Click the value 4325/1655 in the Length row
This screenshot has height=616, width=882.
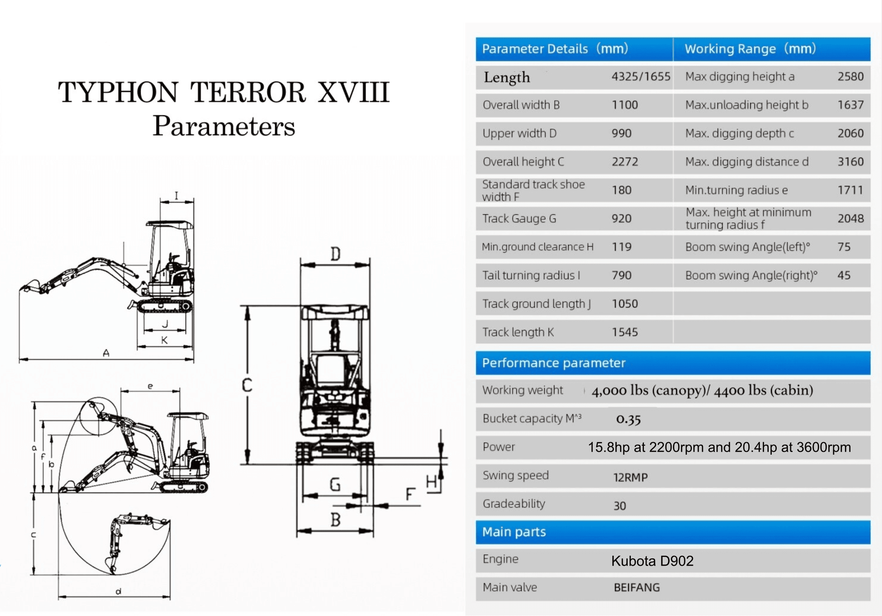[x=640, y=76]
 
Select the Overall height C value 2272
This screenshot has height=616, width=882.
[x=625, y=162]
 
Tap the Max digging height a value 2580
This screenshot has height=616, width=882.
[x=850, y=76]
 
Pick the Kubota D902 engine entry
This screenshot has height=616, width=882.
[x=652, y=561]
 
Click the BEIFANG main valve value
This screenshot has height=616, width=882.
[x=637, y=587]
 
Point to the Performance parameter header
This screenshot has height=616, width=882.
[x=554, y=363]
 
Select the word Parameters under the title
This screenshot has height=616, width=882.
[x=224, y=126]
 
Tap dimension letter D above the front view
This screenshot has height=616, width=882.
[x=335, y=254]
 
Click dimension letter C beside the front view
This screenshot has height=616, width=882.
[x=247, y=385]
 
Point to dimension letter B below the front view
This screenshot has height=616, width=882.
[x=335, y=520]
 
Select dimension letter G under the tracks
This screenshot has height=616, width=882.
[x=335, y=485]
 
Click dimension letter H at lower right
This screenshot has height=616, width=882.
[x=431, y=481]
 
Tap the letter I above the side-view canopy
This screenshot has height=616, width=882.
[x=176, y=196]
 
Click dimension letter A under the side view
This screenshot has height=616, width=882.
[x=106, y=353]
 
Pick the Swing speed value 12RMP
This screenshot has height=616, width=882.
[x=630, y=477]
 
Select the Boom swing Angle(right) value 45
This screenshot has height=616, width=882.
[x=844, y=275]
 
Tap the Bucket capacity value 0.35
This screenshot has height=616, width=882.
[x=628, y=419]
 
